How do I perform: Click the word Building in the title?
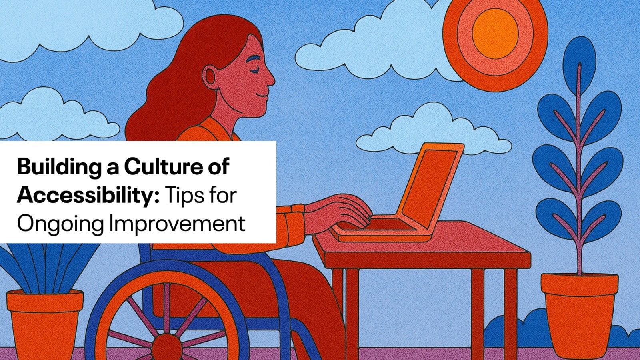pyautogui.click(x=58, y=168)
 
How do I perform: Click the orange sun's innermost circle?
pyautogui.click(x=495, y=34)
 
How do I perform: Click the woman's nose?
pyautogui.click(x=270, y=78)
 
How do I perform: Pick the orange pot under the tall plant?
pyautogui.click(x=580, y=314)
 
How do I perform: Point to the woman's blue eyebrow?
pyautogui.click(x=256, y=59)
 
